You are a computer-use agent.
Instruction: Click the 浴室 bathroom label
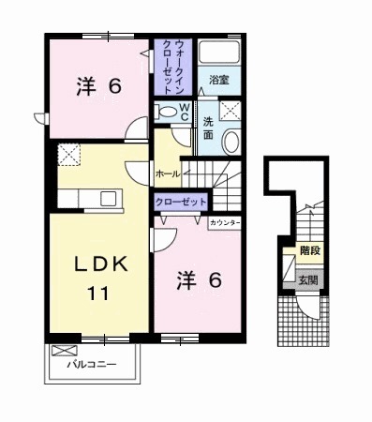[219, 80]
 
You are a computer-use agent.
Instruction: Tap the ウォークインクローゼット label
[173, 66]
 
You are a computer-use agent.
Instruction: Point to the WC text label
[185, 112]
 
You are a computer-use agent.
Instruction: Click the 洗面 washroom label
[208, 128]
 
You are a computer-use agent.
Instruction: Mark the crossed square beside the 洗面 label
[233, 112]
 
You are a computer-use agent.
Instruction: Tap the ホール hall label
[166, 173]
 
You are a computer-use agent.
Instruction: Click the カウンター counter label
[225, 222]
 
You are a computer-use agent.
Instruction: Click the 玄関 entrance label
[308, 279]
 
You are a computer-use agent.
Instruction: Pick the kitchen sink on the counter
[107, 198]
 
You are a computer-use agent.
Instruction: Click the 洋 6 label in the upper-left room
[97, 86]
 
